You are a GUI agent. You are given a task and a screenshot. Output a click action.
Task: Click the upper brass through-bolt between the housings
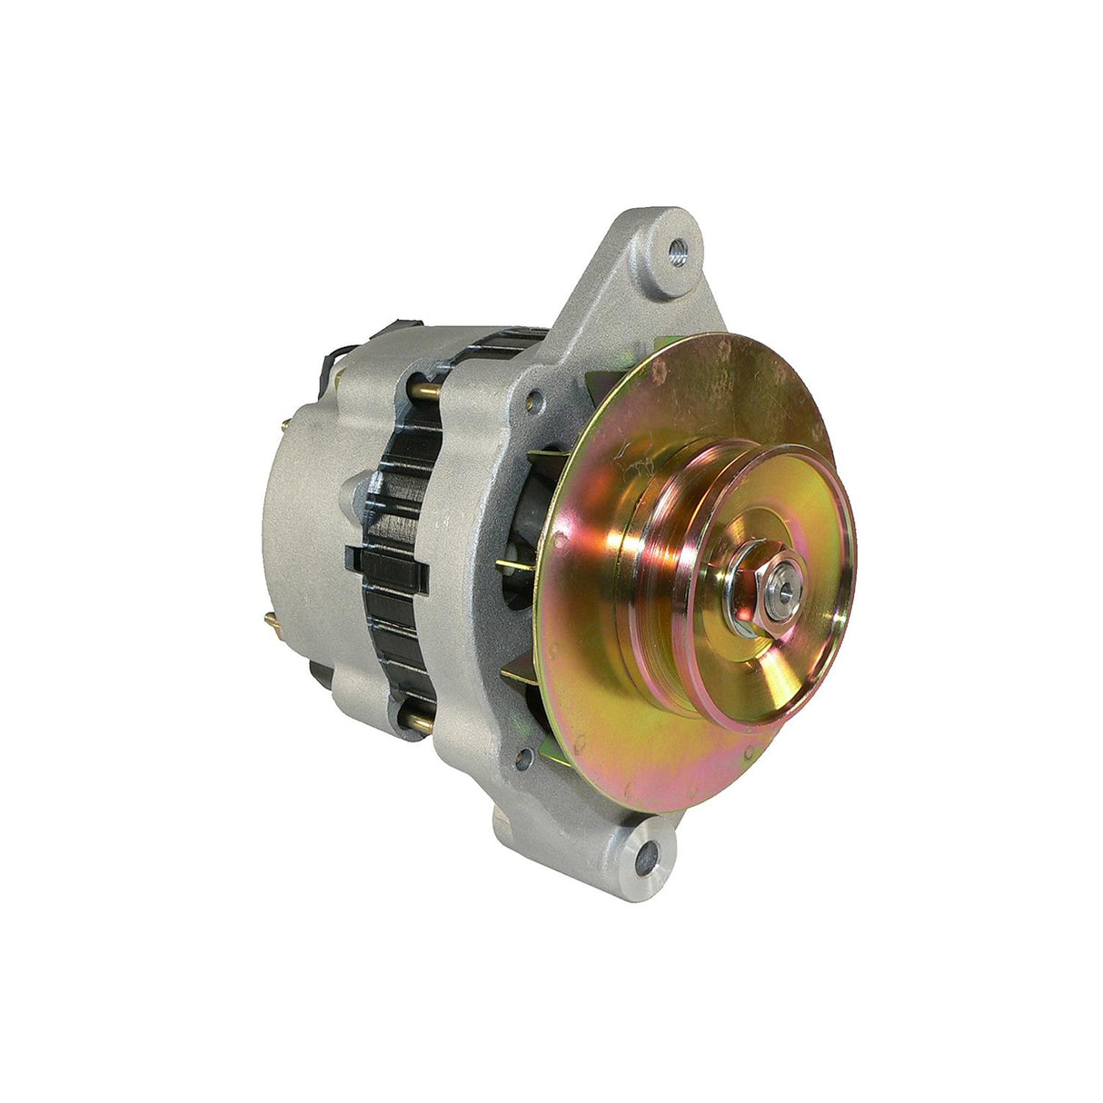pyautogui.click(x=427, y=391)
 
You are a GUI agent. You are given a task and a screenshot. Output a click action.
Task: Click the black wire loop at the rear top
pyautogui.click(x=327, y=368)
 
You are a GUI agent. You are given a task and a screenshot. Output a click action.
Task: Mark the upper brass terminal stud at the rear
pyautogui.click(x=287, y=422)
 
